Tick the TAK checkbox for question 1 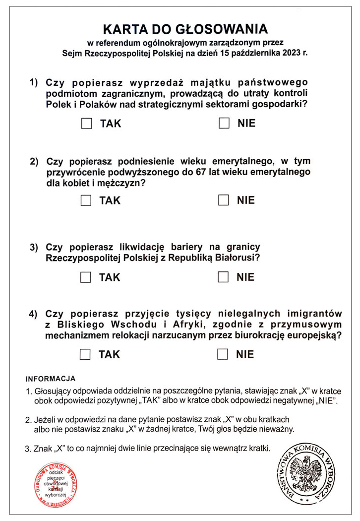tap(87, 124)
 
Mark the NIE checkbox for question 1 tap(224, 123)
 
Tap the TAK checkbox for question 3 tap(86, 277)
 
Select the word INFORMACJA tap(50, 378)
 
